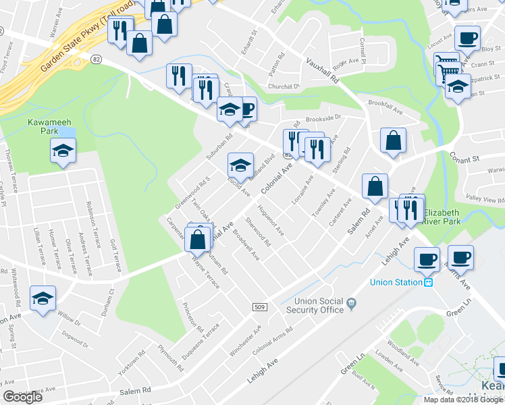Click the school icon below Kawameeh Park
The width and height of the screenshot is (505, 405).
63,151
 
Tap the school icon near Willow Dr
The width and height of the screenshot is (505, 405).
43,299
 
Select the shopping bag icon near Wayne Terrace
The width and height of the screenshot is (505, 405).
197,238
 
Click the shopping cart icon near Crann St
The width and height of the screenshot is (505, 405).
446,65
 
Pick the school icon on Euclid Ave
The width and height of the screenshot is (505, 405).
240,165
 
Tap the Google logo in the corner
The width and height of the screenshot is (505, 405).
22,397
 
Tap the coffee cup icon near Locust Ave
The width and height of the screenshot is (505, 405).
467,38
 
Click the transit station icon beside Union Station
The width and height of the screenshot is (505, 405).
429,282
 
